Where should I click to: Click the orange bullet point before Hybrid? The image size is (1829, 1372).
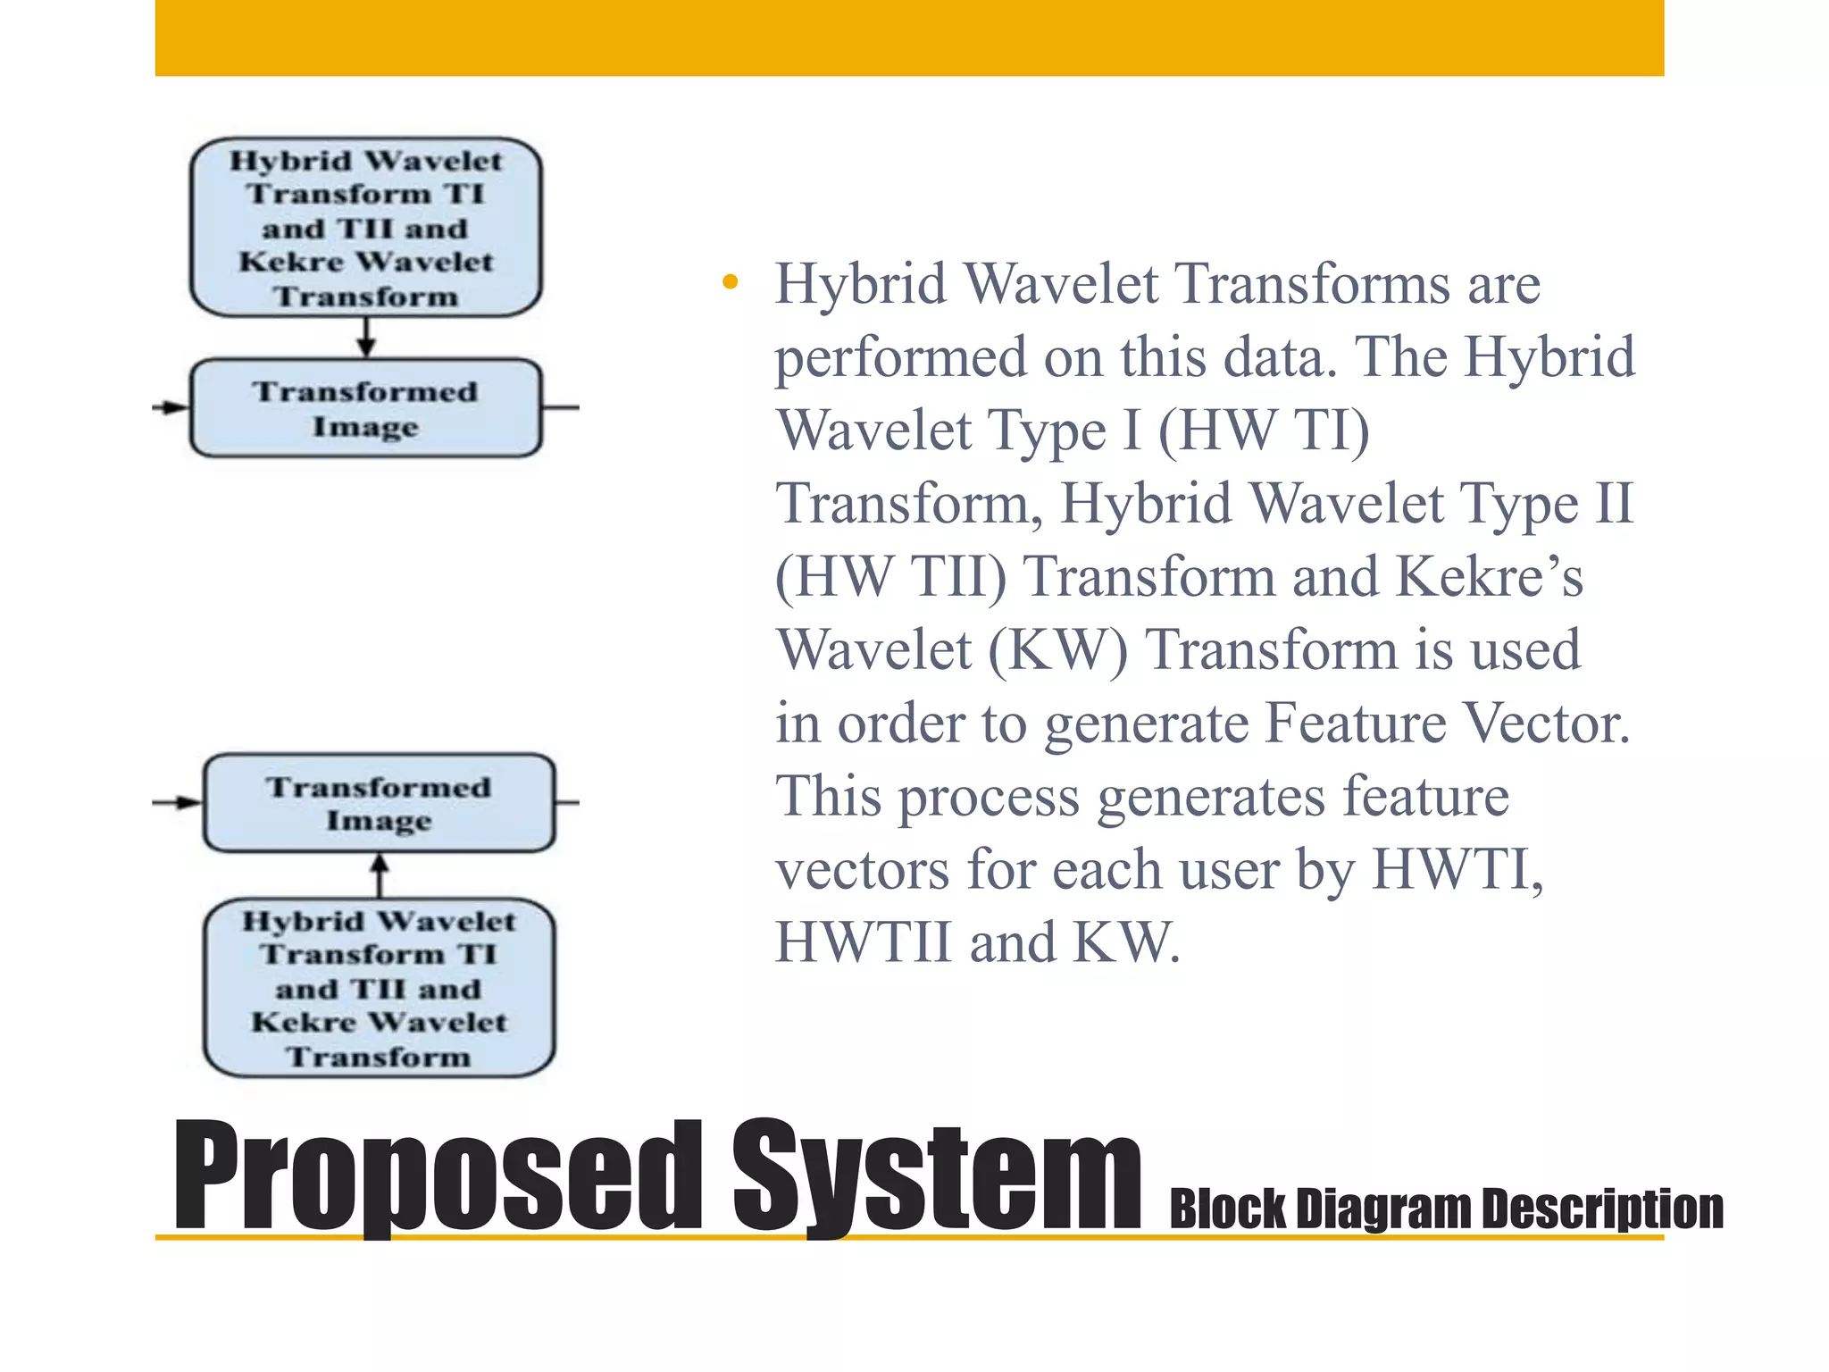(731, 283)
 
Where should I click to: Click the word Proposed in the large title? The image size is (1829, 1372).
(438, 1175)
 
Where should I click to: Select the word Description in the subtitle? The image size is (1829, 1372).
(1602, 1209)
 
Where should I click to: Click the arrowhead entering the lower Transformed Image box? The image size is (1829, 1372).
(188, 802)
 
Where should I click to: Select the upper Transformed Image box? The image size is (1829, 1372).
(366, 408)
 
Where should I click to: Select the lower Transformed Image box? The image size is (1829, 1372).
(379, 803)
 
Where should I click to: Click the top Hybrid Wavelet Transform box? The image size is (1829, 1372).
(366, 228)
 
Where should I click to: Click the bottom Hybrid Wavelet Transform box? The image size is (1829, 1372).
(379, 988)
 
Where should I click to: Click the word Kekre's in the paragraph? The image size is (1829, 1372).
(1489, 577)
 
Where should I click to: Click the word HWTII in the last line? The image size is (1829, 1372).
(863, 943)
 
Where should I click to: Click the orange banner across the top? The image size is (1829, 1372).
(909, 38)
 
